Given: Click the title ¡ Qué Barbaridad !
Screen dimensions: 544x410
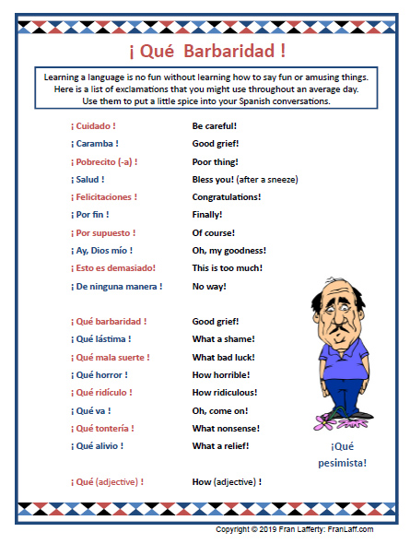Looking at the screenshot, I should (x=205, y=49).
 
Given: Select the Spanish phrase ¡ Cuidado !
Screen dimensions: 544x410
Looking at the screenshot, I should (x=93, y=125).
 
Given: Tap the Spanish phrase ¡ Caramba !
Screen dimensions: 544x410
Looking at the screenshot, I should (x=94, y=143).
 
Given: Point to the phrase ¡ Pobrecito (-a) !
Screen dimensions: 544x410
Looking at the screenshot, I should (x=104, y=161).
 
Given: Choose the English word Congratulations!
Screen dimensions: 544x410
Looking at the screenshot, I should (x=226, y=196).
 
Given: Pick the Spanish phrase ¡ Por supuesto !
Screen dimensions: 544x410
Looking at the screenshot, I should (x=102, y=232).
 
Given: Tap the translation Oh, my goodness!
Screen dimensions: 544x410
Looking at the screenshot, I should (x=228, y=250).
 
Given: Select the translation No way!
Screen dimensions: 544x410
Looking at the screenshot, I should (x=209, y=286).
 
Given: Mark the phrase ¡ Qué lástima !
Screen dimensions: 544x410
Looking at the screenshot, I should (x=100, y=339).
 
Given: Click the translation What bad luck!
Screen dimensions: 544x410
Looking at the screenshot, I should (x=223, y=357).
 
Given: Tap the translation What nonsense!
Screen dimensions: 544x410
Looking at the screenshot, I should (x=226, y=428).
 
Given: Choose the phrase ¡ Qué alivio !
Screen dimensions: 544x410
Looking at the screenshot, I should (x=97, y=446).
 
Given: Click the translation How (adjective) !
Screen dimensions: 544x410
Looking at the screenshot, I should (x=227, y=481).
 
